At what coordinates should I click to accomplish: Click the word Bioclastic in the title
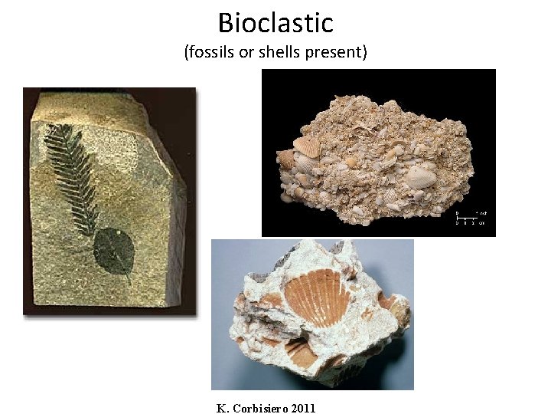275,22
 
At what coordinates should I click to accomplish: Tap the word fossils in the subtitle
211,53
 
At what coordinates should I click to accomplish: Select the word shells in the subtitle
275,53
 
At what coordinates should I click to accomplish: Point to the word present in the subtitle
336,53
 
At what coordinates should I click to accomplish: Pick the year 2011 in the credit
302,408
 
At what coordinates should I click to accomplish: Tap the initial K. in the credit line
223,408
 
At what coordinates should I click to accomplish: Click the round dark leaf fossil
114,253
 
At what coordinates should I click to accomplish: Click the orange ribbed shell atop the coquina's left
308,146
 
